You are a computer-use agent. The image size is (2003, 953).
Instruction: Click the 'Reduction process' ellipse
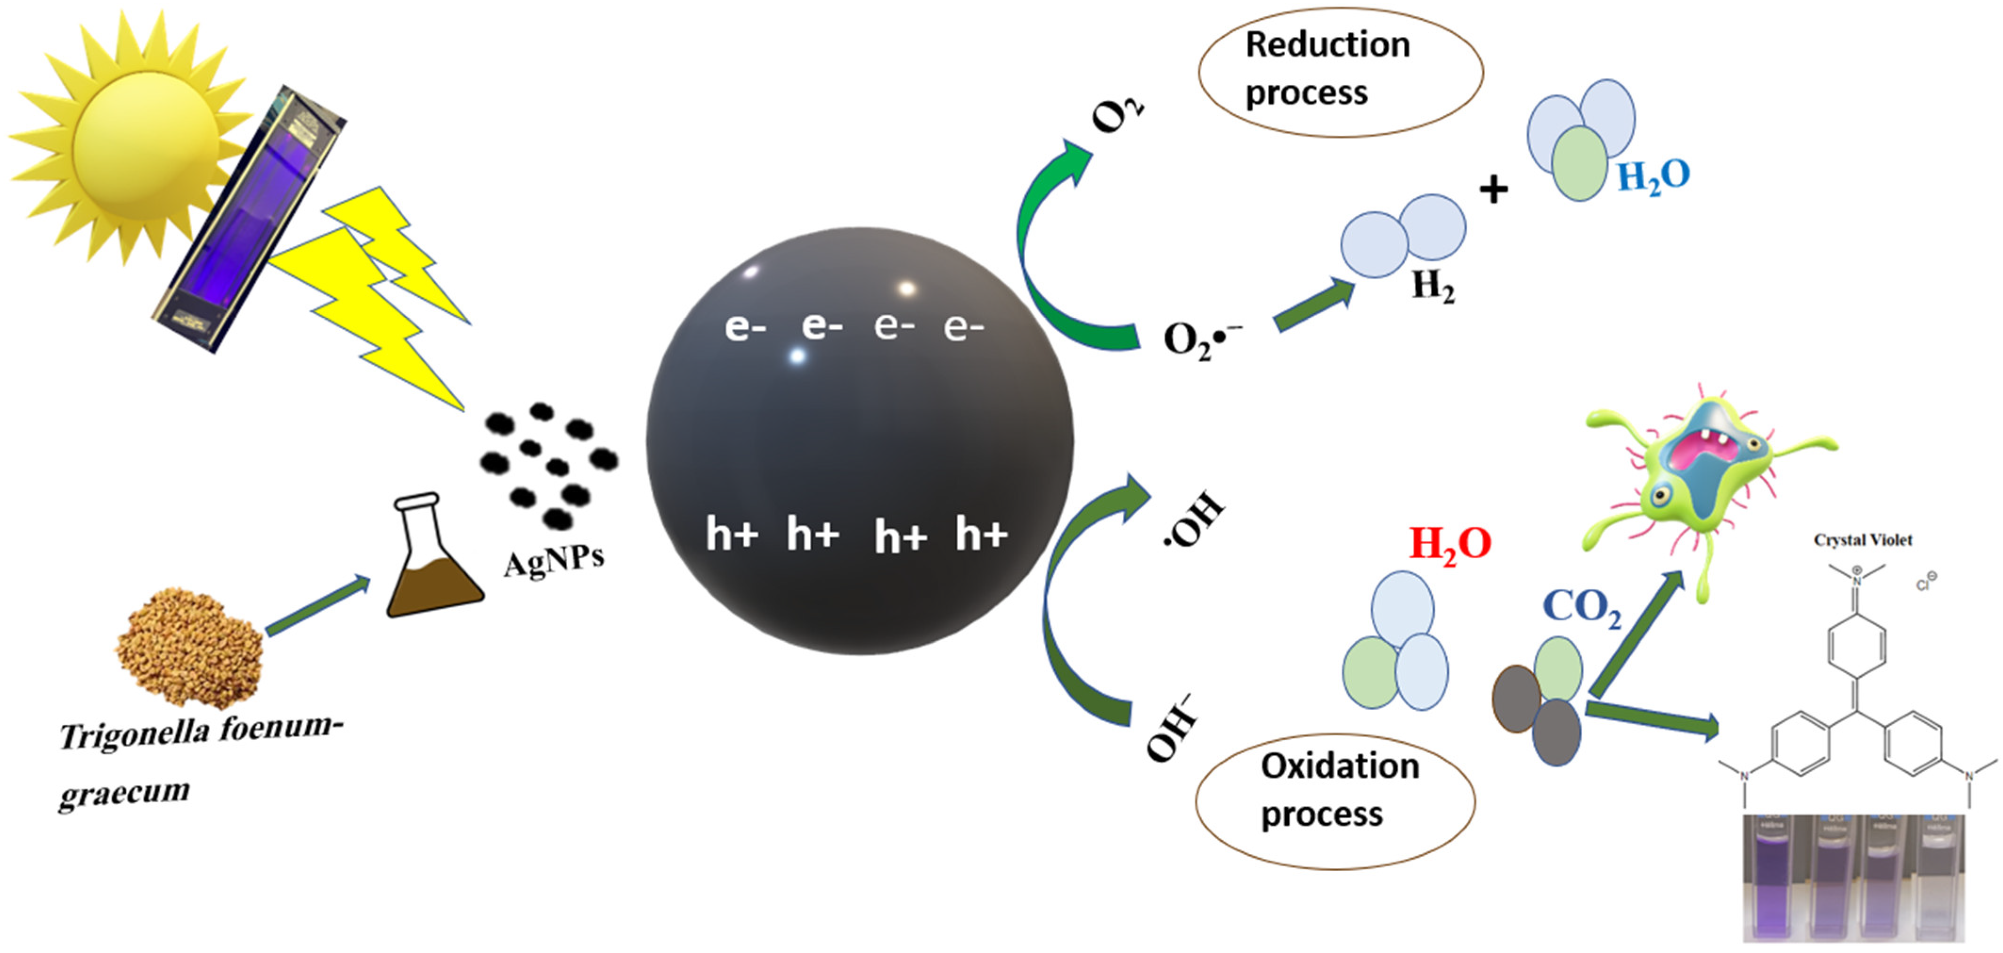coord(1340,72)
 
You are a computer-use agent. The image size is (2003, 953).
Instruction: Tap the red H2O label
coord(1449,544)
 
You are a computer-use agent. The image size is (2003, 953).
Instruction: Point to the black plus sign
coord(1493,189)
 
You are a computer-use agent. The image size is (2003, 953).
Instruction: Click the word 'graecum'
coord(124,793)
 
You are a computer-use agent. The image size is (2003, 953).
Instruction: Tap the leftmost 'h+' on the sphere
coord(731,535)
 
